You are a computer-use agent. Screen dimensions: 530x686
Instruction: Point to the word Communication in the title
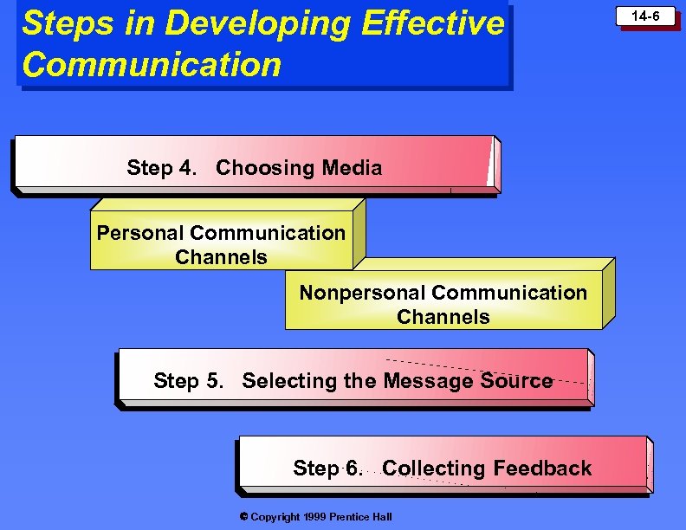pos(152,64)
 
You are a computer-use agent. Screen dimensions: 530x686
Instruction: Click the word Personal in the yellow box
pos(139,233)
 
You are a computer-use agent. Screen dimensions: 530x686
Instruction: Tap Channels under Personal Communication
pos(221,257)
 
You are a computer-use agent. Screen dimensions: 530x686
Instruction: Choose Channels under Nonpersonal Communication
pos(443,317)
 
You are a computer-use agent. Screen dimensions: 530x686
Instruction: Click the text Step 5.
pos(188,381)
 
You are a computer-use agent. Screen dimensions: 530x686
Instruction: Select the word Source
pos(516,381)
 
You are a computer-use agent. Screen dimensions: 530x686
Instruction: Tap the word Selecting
pos(282,381)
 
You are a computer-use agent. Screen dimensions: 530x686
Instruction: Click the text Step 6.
pos(327,469)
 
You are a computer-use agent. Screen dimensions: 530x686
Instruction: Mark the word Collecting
pos(433,469)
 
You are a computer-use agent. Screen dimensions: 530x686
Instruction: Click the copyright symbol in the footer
pos(243,517)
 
